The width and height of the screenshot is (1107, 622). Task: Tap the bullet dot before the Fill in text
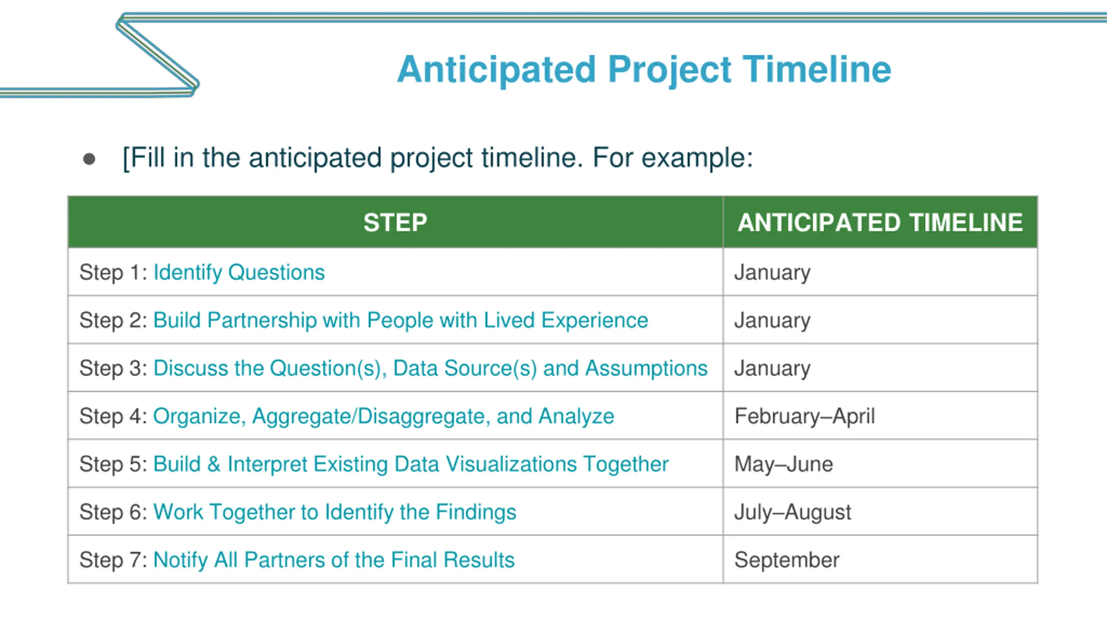[89, 159]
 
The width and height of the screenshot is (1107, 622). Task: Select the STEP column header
[395, 222]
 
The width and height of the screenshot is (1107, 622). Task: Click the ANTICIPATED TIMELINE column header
[880, 222]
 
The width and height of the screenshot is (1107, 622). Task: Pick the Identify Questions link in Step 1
[239, 273]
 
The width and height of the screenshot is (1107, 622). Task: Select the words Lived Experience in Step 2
[566, 321]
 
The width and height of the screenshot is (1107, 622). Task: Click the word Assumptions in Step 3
[646, 368]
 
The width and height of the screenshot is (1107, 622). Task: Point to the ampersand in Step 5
[214, 464]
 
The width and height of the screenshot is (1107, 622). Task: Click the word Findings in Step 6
[476, 512]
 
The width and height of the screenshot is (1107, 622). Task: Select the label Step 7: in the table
[113, 560]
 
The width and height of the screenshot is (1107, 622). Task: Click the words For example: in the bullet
[673, 158]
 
